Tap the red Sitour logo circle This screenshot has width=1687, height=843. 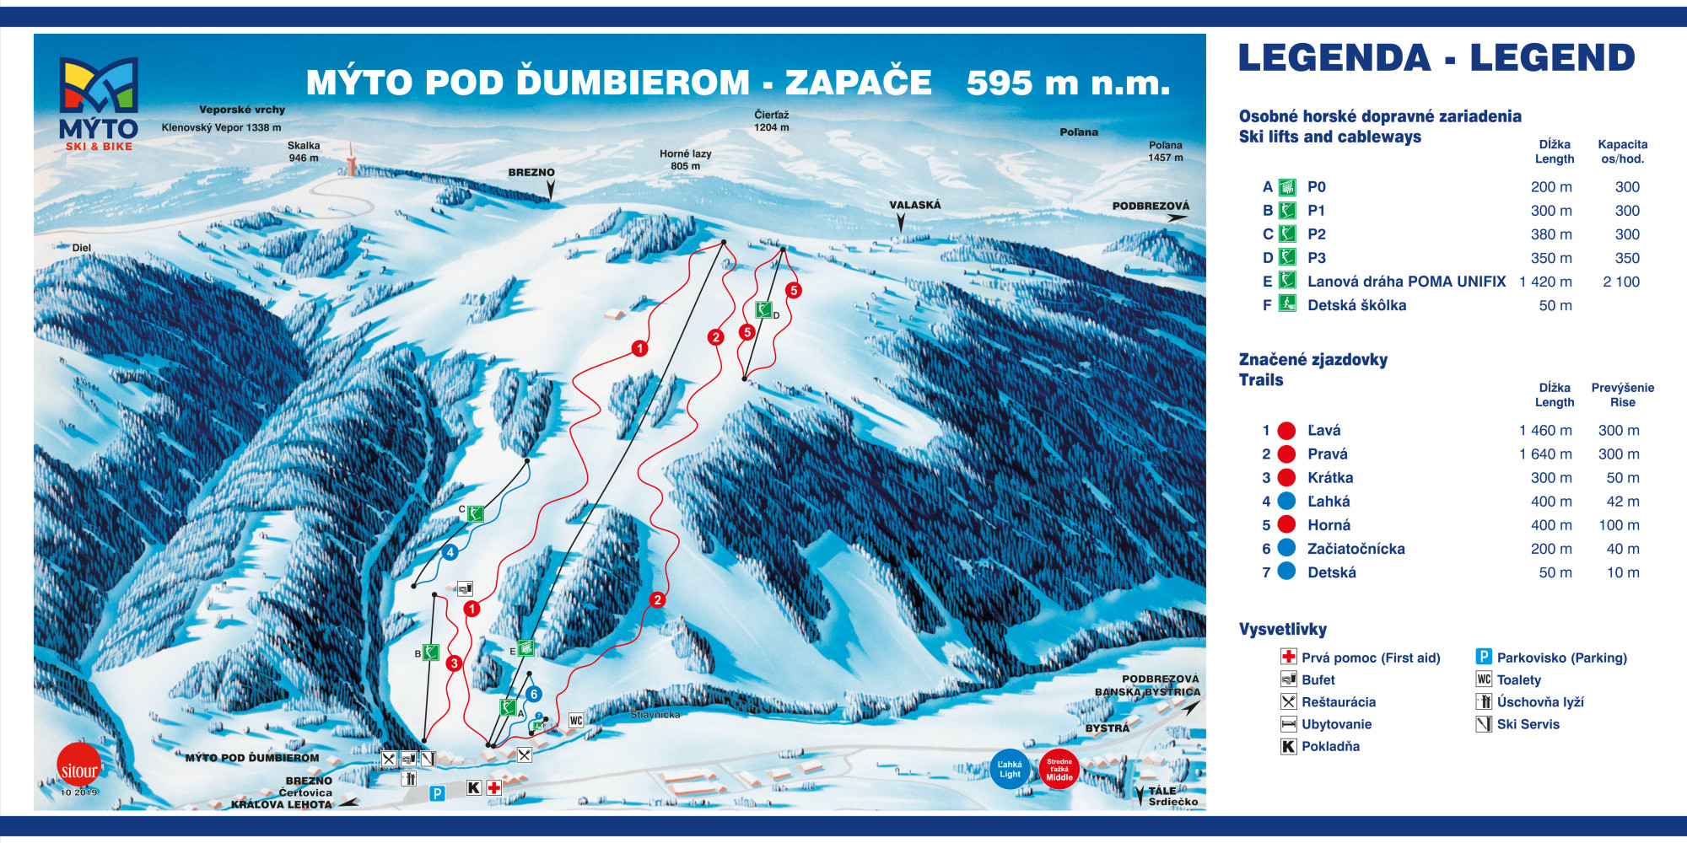(x=78, y=765)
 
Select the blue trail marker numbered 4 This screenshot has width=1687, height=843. (x=450, y=552)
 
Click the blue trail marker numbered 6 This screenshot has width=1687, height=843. (x=533, y=694)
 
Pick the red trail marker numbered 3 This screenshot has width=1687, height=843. (x=454, y=663)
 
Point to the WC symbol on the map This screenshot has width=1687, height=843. (x=576, y=720)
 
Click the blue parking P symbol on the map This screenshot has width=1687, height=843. (x=437, y=793)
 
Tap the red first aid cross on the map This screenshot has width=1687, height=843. (x=493, y=787)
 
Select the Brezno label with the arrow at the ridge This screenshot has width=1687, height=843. (x=531, y=173)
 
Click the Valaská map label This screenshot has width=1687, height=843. (x=914, y=205)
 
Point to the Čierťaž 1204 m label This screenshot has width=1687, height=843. (x=771, y=121)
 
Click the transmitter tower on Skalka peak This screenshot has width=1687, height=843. (x=351, y=158)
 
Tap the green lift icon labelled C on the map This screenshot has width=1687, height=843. (x=476, y=513)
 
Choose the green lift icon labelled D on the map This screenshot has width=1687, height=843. (x=763, y=310)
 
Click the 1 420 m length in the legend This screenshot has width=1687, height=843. (x=1545, y=282)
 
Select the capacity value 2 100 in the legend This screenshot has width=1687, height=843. (x=1621, y=282)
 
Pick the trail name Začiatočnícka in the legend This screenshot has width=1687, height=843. (x=1356, y=549)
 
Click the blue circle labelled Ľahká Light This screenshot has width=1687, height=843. (x=1010, y=769)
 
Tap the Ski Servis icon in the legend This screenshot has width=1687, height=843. (x=1484, y=724)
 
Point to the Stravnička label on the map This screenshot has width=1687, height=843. (x=655, y=715)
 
